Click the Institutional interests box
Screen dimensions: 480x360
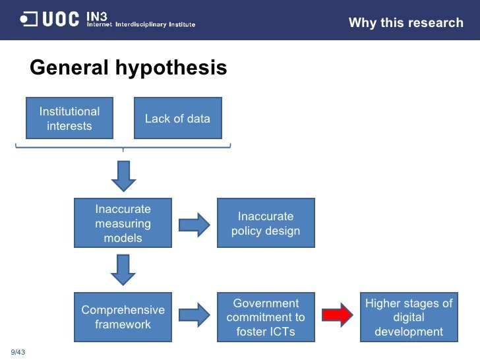pyautogui.click(x=69, y=119)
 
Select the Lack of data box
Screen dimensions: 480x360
pyautogui.click(x=177, y=119)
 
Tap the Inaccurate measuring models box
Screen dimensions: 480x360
pyautogui.click(x=123, y=224)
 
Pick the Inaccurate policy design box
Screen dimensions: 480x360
pyautogui.click(x=266, y=224)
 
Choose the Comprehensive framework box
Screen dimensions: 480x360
pyautogui.click(x=123, y=317)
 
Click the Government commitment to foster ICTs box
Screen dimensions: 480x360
pyautogui.click(x=266, y=317)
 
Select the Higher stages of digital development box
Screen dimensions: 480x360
pyautogui.click(x=409, y=317)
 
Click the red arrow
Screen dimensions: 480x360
pyautogui.click(x=337, y=317)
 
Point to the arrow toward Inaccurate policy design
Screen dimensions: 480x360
pyautogui.click(x=194, y=224)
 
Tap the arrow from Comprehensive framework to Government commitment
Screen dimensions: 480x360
pyautogui.click(x=194, y=317)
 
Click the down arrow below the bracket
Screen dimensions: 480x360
pyautogui.click(x=123, y=175)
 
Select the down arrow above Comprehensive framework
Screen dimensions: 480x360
pyautogui.click(x=123, y=269)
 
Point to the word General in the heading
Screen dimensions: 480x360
pyautogui.click(x=70, y=68)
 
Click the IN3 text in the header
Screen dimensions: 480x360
pyautogui.click(x=98, y=15)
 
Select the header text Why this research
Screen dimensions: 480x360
pyautogui.click(x=405, y=23)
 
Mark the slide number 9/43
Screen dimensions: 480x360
pyautogui.click(x=17, y=350)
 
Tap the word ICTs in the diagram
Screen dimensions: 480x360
pyautogui.click(x=281, y=332)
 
